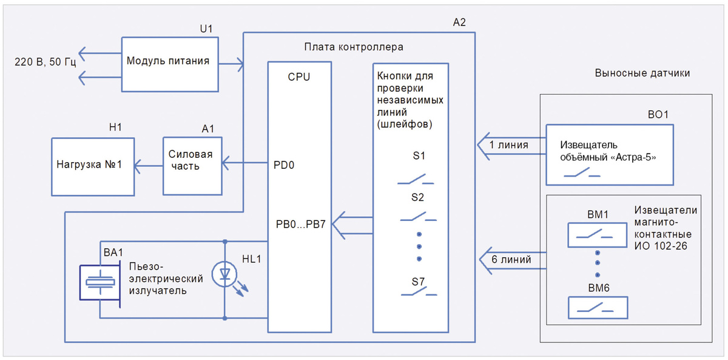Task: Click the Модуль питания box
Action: pyautogui.click(x=170, y=61)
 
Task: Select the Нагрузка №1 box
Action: pyautogui.click(x=92, y=165)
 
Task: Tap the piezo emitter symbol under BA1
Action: pyautogui.click(x=99, y=281)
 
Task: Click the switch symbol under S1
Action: pyautogui.click(x=416, y=179)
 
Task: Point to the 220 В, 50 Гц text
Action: pyautogui.click(x=45, y=61)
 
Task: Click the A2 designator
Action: pyautogui.click(x=459, y=23)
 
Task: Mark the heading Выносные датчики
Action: pyautogui.click(x=642, y=73)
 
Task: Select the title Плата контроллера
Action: pyautogui.click(x=354, y=47)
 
